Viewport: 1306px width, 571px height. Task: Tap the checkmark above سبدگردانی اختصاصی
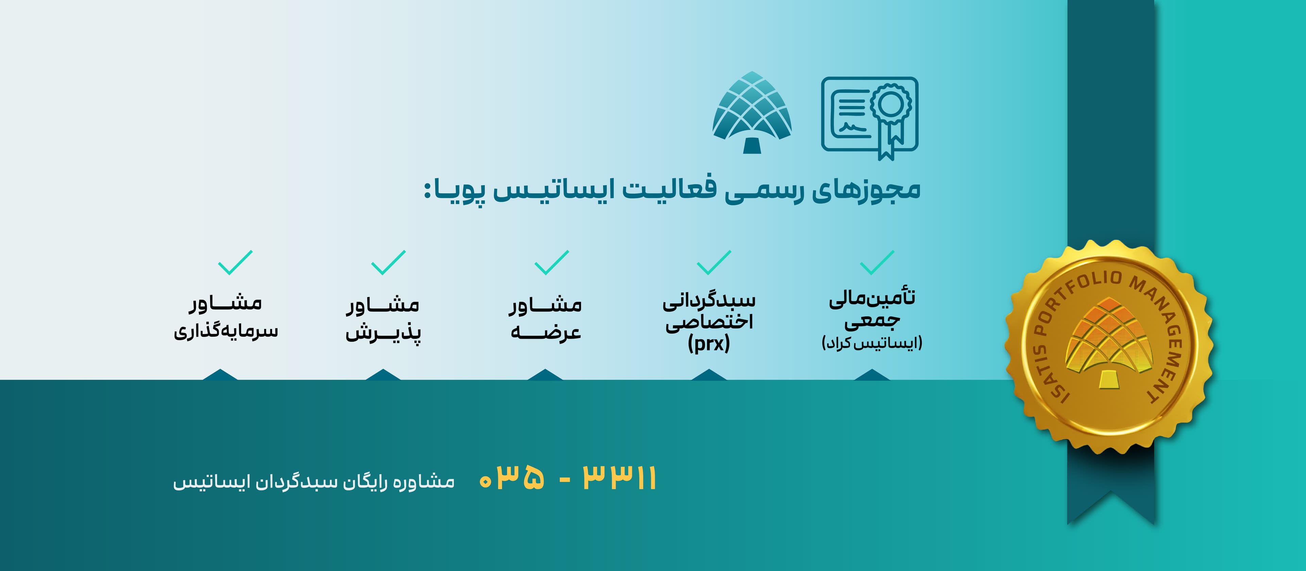coord(714,262)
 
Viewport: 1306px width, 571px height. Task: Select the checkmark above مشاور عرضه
coord(552,262)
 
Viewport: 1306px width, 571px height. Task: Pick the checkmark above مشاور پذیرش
coord(388,262)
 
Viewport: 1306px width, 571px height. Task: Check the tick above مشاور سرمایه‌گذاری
coord(235,262)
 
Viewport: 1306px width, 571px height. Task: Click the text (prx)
coord(709,344)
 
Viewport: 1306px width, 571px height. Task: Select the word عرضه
coord(546,332)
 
